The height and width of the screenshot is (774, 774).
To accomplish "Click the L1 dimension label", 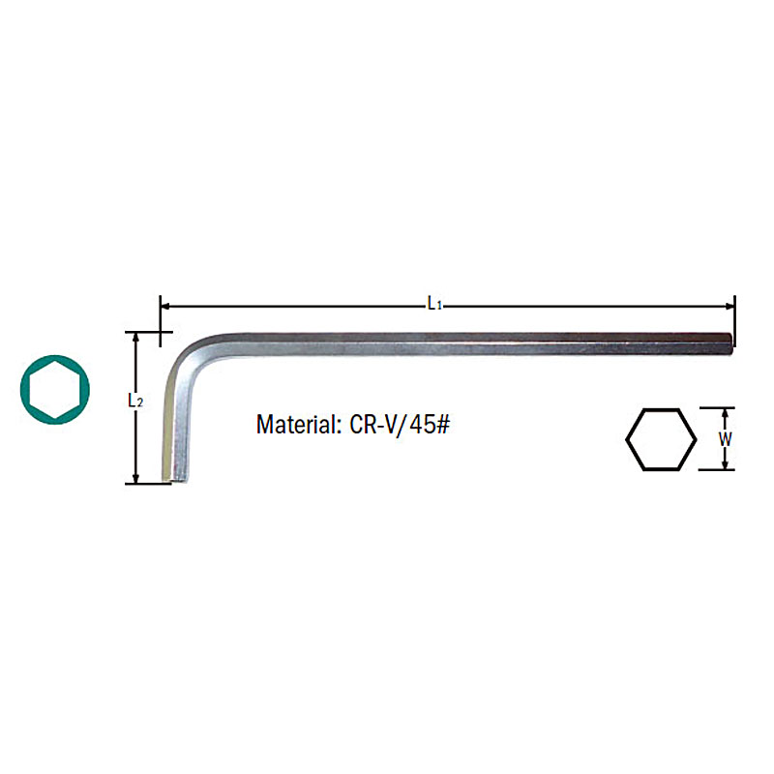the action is coord(434,303).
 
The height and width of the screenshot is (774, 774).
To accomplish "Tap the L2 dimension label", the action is coord(135,401).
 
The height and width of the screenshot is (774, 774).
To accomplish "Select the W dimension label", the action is coord(725,439).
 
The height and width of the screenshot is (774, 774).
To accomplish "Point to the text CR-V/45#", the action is coord(400,424).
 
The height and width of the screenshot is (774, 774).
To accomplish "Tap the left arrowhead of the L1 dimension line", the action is coord(165,306).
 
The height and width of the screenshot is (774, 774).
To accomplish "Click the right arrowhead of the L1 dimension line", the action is coord(729,306).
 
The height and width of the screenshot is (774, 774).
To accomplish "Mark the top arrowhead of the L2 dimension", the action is coord(135,338).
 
